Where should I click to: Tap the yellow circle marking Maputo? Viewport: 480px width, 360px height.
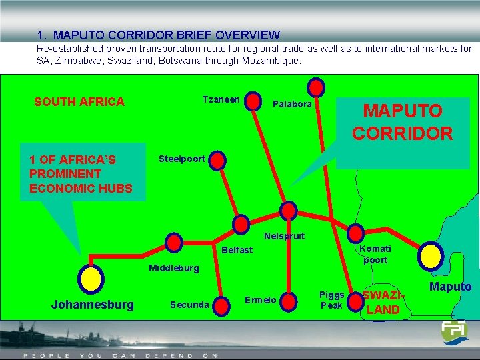click(431, 254)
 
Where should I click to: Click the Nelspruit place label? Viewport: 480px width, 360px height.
click(284, 236)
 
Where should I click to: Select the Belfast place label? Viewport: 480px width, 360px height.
click(237, 250)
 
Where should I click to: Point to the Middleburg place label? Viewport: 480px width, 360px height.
click(173, 268)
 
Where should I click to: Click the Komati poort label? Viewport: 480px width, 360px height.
click(375, 254)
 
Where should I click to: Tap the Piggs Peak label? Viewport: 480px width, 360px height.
click(331, 300)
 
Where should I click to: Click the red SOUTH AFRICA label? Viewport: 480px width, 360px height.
click(79, 102)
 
